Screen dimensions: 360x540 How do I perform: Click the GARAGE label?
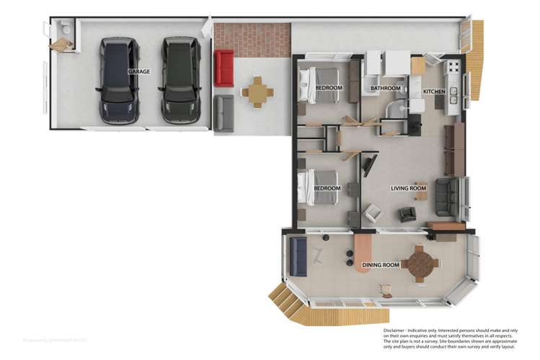click(x=139, y=73)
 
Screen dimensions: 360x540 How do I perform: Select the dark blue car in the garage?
click(x=118, y=79)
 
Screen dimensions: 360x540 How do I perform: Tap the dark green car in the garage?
click(x=179, y=79)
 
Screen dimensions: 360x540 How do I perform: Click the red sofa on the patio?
click(x=223, y=68)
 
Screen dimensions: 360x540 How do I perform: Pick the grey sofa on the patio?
click(x=223, y=112)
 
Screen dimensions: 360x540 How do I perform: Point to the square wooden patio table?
click(x=257, y=93)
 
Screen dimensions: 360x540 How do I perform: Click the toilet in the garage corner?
click(x=65, y=29)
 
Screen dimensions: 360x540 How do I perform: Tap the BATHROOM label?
click(x=385, y=89)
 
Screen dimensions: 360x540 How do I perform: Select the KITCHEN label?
click(x=434, y=92)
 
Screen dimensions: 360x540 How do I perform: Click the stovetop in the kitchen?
click(x=453, y=69)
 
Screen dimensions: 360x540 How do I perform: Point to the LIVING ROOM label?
click(x=409, y=188)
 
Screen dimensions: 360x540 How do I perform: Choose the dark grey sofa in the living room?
click(x=446, y=198)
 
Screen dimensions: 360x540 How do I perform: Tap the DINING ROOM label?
click(x=381, y=265)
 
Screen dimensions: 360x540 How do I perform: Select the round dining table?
click(x=419, y=262)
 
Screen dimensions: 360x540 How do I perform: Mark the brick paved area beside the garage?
click(x=252, y=36)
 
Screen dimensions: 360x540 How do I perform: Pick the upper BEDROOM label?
click(x=328, y=88)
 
